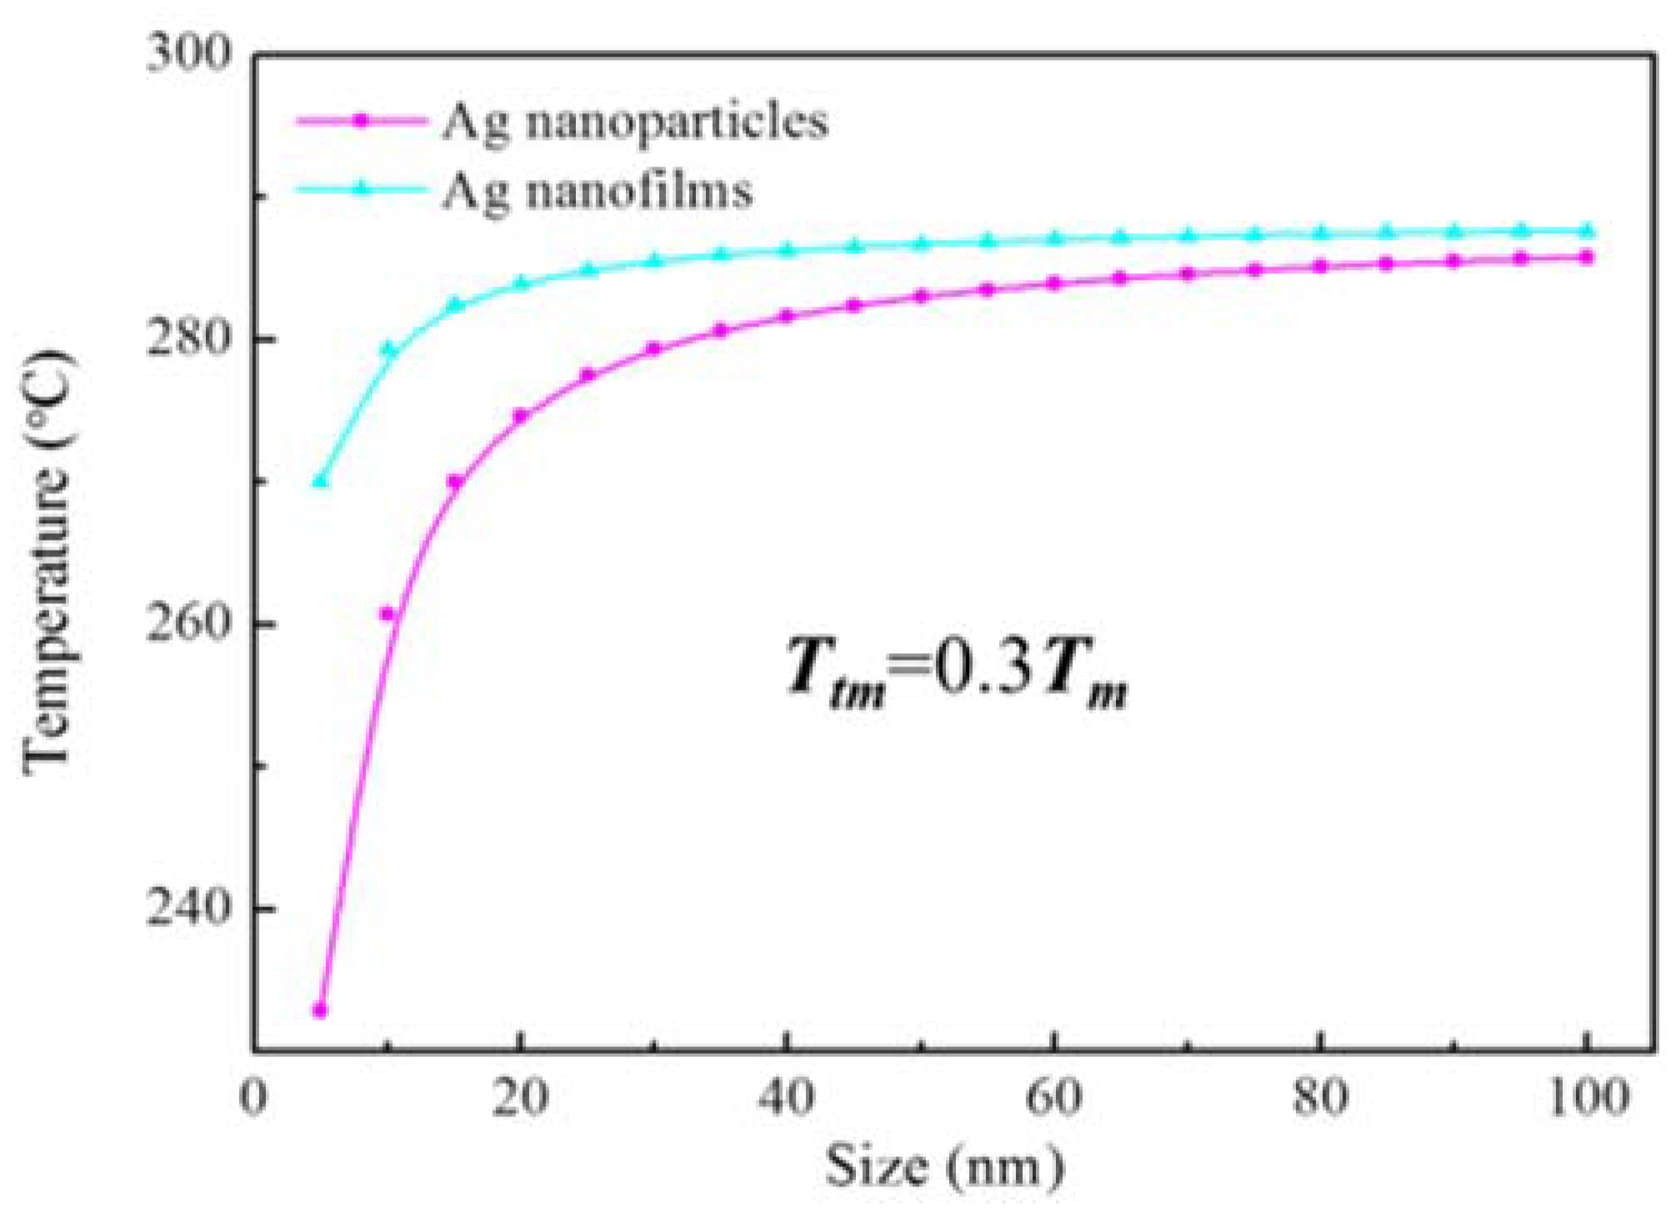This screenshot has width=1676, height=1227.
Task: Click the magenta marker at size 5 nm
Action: (x=319, y=1010)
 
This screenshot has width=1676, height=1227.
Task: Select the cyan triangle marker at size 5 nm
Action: (x=319, y=481)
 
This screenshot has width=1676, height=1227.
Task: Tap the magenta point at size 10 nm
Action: (x=387, y=614)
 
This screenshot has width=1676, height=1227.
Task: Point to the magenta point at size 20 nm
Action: (x=521, y=415)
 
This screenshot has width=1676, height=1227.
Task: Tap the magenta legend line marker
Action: (x=361, y=121)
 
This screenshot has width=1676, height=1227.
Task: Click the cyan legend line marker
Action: (x=361, y=189)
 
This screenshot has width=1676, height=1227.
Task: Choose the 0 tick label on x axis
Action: (x=253, y=1097)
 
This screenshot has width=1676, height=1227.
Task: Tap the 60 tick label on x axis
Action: (x=1053, y=1097)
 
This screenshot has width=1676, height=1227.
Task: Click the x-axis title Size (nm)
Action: (x=944, y=1167)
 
